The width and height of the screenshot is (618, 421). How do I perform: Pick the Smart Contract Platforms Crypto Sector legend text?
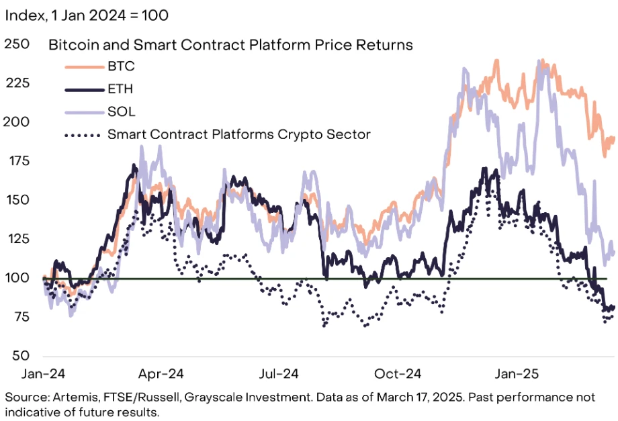[x=238, y=134]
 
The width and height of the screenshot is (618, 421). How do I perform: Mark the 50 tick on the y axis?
[x=19, y=356]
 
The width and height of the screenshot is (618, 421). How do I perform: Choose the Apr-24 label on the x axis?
[x=161, y=373]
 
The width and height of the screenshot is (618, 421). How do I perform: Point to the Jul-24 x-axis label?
[x=279, y=373]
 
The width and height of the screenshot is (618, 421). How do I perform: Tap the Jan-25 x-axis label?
[x=516, y=373]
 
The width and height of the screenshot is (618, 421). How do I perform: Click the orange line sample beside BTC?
[x=82, y=66]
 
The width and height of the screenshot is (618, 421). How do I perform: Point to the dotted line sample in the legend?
[x=82, y=134]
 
